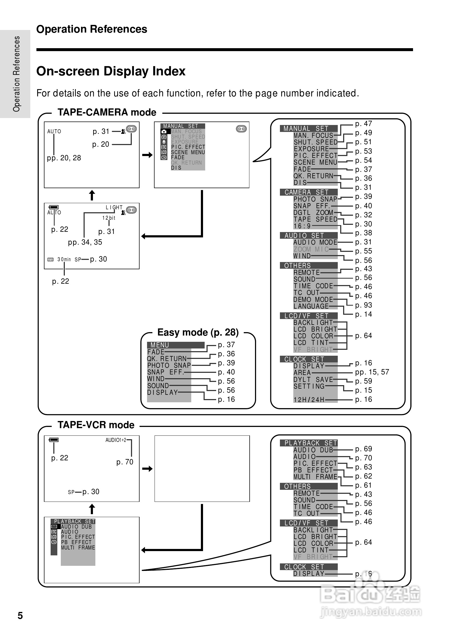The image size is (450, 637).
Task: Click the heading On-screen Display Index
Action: pyautogui.click(x=111, y=71)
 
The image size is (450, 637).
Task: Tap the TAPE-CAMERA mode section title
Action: pyautogui.click(x=107, y=112)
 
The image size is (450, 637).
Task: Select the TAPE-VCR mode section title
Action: pyautogui.click(x=96, y=425)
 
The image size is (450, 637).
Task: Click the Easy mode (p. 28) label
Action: pyautogui.click(x=198, y=332)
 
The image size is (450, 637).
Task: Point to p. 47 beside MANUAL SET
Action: pyautogui.click(x=363, y=124)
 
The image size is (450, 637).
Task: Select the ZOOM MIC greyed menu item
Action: pyautogui.click(x=311, y=249)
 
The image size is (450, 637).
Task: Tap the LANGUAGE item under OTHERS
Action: pyautogui.click(x=311, y=306)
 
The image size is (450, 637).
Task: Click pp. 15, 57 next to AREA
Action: pyautogui.click(x=372, y=372)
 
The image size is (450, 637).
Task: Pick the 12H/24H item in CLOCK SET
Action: pyautogui.click(x=309, y=400)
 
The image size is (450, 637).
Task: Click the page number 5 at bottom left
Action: pyautogui.click(x=20, y=616)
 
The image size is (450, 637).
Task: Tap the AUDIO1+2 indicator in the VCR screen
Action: pyautogui.click(x=115, y=440)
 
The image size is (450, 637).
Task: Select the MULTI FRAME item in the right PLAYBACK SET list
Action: pyautogui.click(x=315, y=477)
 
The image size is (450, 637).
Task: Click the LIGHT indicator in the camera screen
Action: pyautogui.click(x=114, y=207)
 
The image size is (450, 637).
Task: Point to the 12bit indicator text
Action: pyautogui.click(x=108, y=218)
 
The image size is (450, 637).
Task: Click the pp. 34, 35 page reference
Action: pyautogui.click(x=85, y=242)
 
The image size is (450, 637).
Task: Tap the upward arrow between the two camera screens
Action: pyautogui.click(x=92, y=195)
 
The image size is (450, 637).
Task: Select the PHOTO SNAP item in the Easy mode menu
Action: pyautogui.click(x=169, y=365)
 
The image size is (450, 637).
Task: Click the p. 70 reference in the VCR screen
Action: pyautogui.click(x=125, y=462)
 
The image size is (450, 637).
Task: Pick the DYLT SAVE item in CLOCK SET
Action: pyautogui.click(x=313, y=380)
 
